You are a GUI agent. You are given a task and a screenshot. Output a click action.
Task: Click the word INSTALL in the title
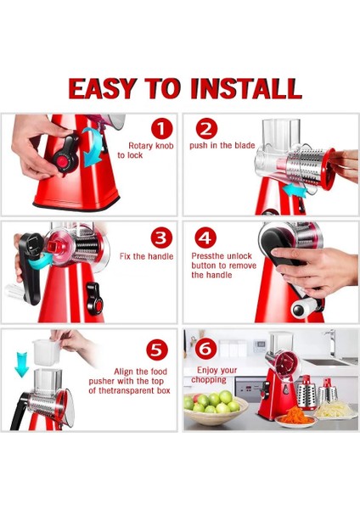(246, 88)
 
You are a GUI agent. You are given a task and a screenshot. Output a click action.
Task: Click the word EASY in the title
(102, 88)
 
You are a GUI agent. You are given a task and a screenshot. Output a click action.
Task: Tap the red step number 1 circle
(162, 129)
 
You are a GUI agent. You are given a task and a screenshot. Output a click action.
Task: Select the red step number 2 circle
(206, 129)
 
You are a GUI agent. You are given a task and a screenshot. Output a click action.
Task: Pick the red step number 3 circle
(162, 238)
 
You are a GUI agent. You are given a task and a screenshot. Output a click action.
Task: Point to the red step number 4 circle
(205, 238)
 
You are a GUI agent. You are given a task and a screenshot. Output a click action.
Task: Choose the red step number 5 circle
(157, 350)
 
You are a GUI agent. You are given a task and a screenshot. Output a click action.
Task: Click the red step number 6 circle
(205, 349)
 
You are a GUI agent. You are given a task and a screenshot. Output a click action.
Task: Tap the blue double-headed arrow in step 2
(294, 190)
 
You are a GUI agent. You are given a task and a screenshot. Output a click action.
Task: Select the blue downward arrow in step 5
(22, 365)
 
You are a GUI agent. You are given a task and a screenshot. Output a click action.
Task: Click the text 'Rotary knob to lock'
(145, 150)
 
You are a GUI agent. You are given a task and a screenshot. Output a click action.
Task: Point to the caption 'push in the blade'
(222, 145)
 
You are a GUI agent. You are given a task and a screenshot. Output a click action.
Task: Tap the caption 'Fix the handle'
(146, 256)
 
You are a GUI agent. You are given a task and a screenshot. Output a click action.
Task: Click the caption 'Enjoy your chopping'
(215, 375)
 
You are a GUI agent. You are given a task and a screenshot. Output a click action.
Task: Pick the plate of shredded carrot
(295, 417)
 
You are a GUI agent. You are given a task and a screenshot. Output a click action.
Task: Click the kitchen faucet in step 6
(330, 344)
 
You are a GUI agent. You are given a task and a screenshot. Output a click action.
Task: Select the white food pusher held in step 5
(46, 352)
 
